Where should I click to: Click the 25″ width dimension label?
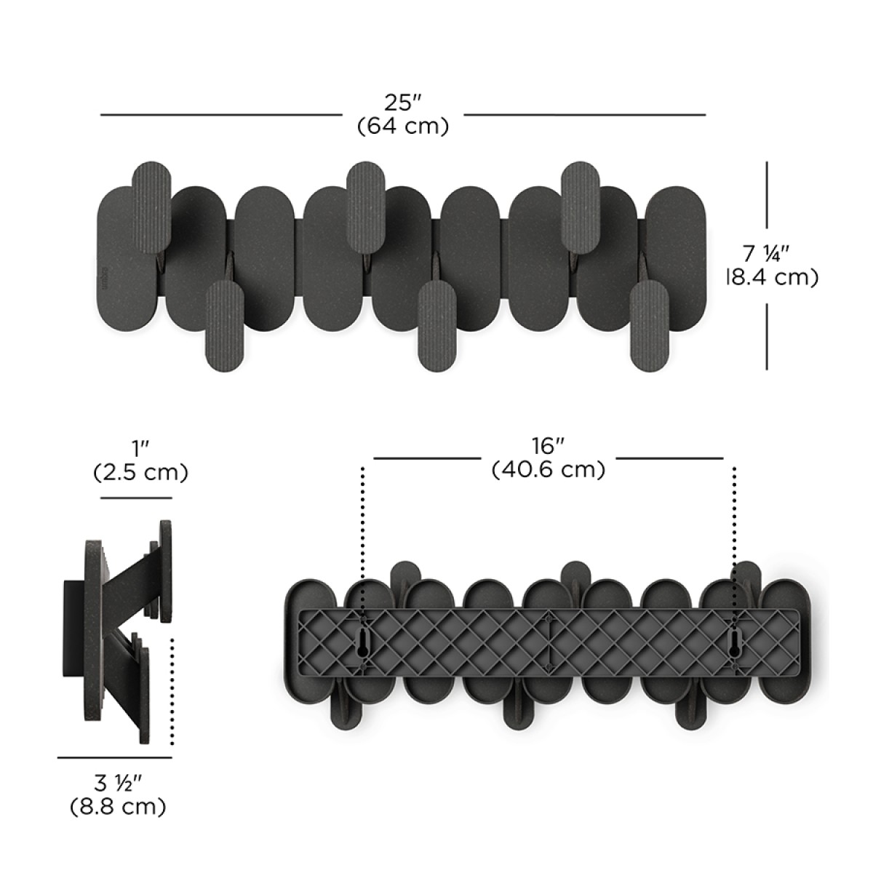[x=403, y=104]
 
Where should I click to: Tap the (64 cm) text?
[x=403, y=127]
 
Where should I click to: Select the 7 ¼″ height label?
[x=766, y=253]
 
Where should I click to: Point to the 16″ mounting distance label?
[x=548, y=447]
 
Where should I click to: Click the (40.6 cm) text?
[x=549, y=470]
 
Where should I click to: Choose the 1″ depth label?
[x=140, y=450]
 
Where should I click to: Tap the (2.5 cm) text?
[x=140, y=473]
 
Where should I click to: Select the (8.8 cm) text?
[x=119, y=806]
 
